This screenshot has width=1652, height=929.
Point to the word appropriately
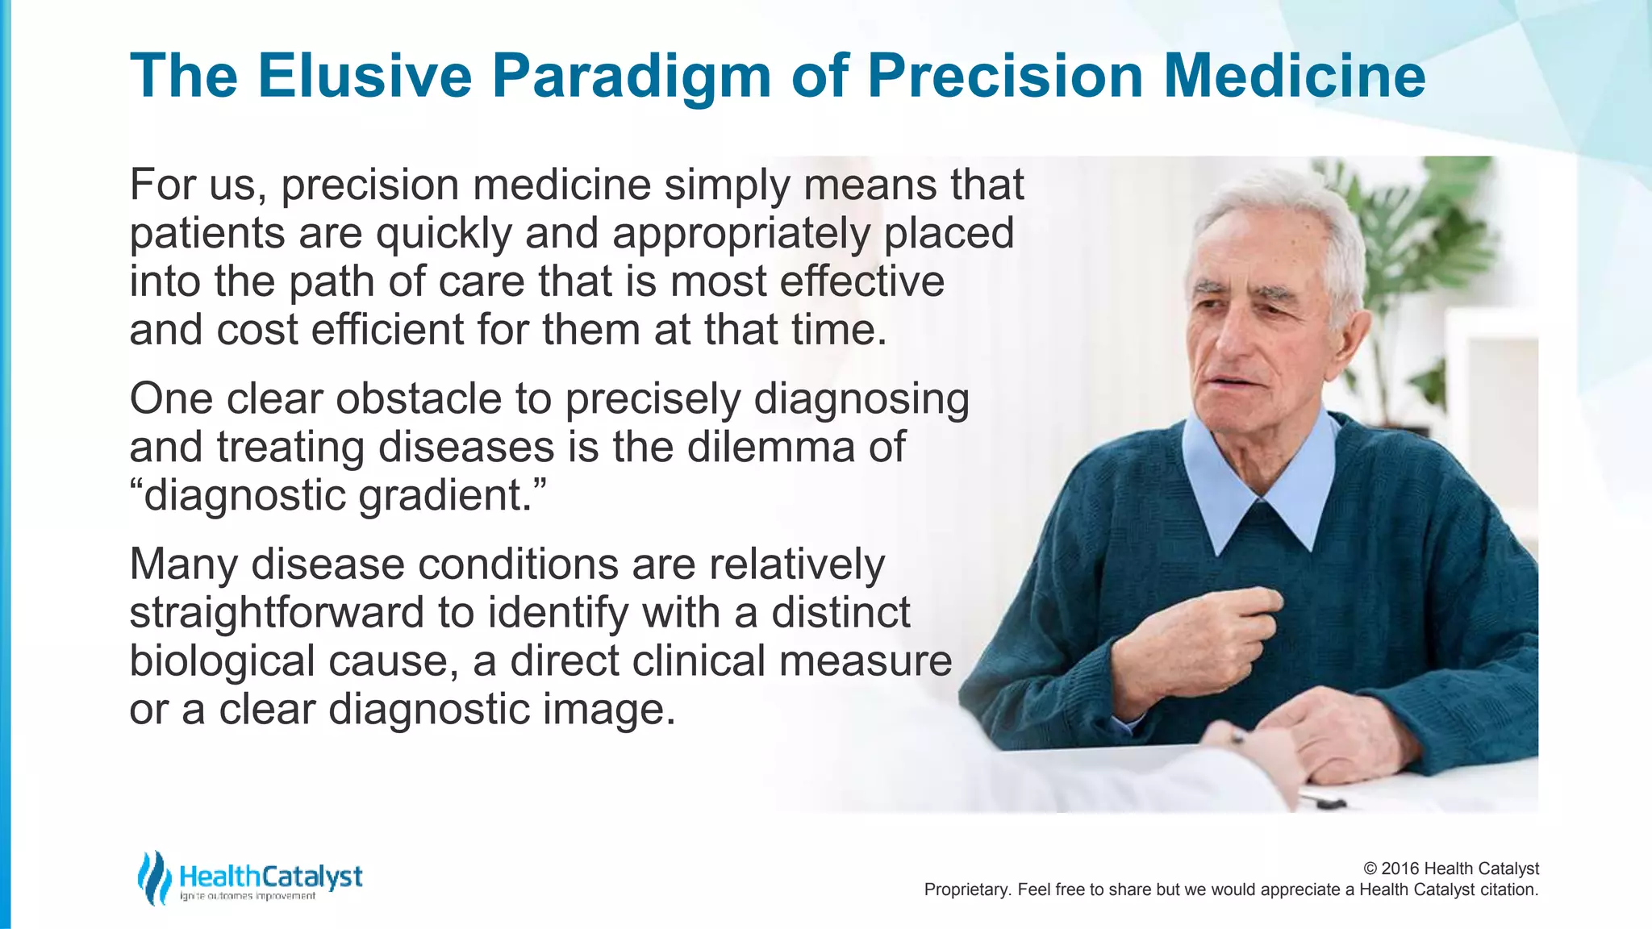click(741, 234)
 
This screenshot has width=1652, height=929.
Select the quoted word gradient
click(445, 495)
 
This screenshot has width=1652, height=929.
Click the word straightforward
click(277, 613)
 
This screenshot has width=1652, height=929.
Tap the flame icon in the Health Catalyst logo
click(153, 877)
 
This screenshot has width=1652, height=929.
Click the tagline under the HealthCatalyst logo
click(248, 897)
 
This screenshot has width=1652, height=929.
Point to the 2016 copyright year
click(1400, 869)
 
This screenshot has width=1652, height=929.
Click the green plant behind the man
click(1444, 242)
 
